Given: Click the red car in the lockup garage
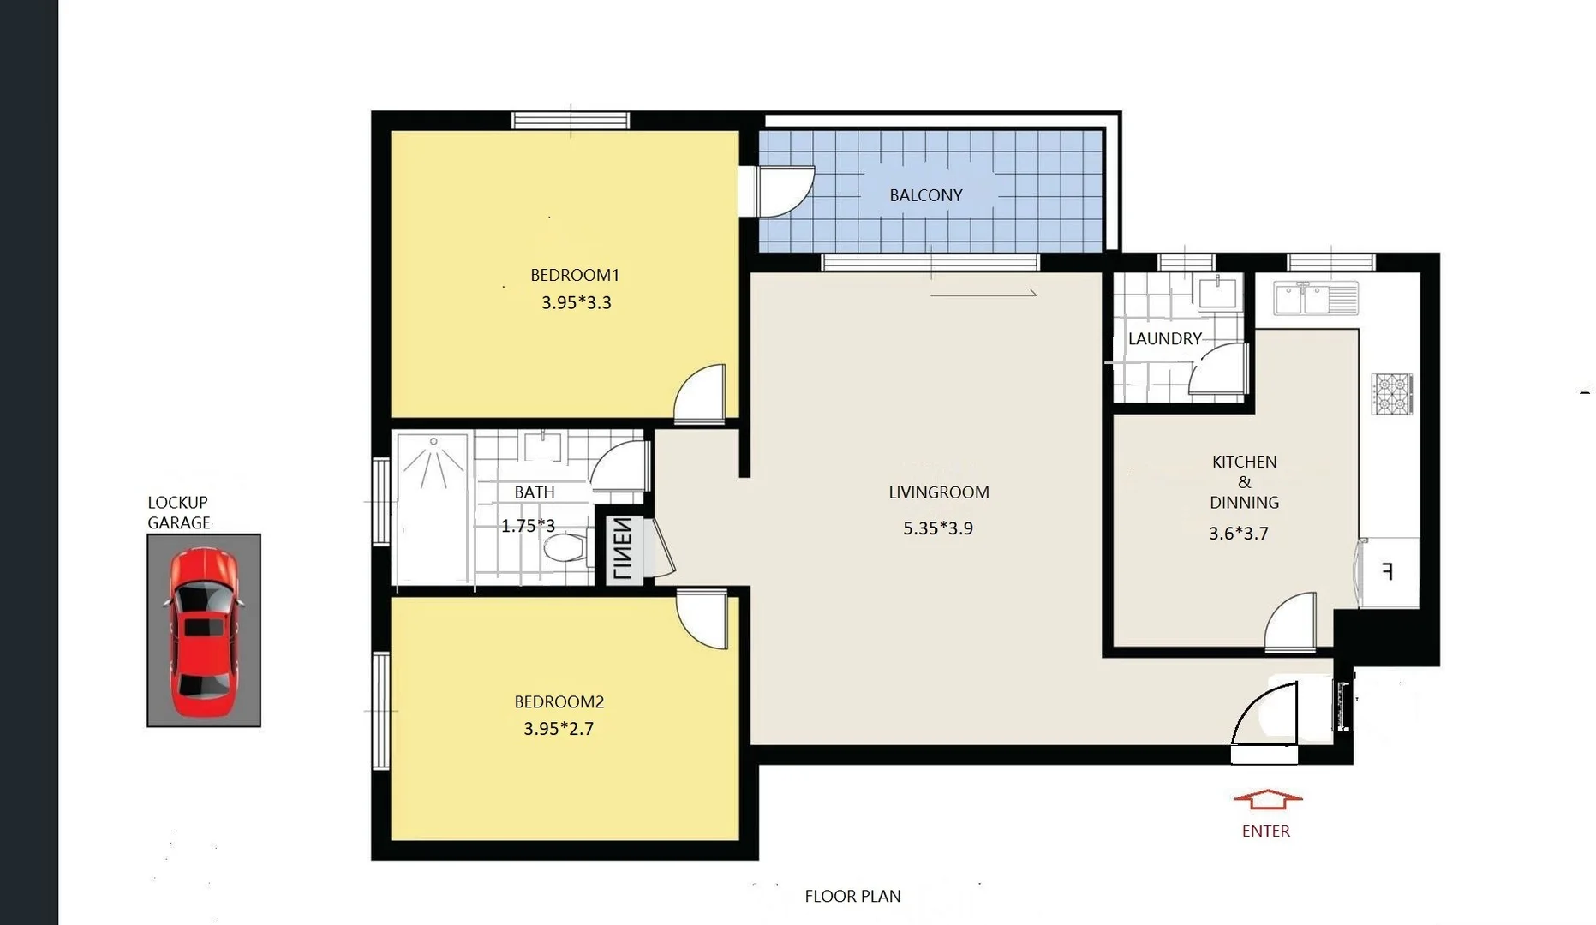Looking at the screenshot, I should pos(203,632).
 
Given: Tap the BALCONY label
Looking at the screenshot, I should pos(925,195).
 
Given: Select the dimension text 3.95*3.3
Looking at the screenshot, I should pos(576,302).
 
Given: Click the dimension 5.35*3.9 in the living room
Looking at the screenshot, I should pos(937,528).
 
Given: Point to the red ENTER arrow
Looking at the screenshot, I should pos(1267,800).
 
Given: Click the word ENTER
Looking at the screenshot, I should pos(1265,831).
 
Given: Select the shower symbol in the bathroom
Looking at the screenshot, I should pos(433,462).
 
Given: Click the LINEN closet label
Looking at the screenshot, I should pos(624,549).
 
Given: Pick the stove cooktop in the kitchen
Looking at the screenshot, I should pos(1391,394).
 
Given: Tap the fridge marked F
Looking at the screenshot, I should pos(1388,572).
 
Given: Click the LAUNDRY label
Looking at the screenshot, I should pos(1164,339).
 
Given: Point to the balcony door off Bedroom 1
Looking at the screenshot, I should pos(783,190).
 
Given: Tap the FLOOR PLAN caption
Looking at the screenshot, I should pos(852,897).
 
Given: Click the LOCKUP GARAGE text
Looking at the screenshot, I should pos(178,512).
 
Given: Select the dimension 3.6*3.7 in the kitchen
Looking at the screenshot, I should pos(1238,534).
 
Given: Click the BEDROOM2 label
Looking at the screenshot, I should pos(559,702).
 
